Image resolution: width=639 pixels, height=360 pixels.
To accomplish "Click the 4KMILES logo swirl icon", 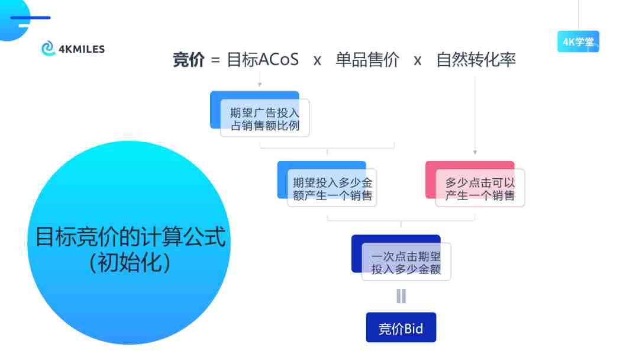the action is pyautogui.click(x=48, y=48).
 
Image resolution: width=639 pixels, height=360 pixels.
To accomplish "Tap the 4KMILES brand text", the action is pyautogui.click(x=82, y=49).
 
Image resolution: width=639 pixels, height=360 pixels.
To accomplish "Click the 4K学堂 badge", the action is pyautogui.click(x=578, y=41).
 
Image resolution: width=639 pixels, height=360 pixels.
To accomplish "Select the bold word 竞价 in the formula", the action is pyautogui.click(x=188, y=60).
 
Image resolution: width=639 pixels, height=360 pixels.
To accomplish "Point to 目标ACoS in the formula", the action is pyautogui.click(x=263, y=60).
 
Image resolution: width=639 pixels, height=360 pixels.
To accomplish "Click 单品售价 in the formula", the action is pyautogui.click(x=367, y=60).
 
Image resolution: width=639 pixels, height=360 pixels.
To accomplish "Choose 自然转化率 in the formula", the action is pyautogui.click(x=476, y=60).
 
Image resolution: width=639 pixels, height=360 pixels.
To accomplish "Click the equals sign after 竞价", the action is pyautogui.click(x=215, y=61).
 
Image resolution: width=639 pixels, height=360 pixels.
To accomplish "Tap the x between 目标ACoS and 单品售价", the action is pyautogui.click(x=318, y=61).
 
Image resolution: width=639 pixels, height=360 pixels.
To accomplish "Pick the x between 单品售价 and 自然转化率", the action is pyautogui.click(x=417, y=61).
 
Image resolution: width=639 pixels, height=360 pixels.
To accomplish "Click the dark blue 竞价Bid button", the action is pyautogui.click(x=401, y=327).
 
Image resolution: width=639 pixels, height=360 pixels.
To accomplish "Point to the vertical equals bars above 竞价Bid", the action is pyautogui.click(x=401, y=296).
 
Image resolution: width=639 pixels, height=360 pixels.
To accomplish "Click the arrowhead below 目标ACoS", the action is pyautogui.click(x=260, y=85).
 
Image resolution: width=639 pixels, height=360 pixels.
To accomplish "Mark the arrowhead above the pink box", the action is pyautogui.click(x=475, y=152).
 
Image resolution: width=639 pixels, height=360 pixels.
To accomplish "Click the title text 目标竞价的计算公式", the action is pyautogui.click(x=130, y=237).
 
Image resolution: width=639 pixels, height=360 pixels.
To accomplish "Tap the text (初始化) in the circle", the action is pyautogui.click(x=130, y=262).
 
